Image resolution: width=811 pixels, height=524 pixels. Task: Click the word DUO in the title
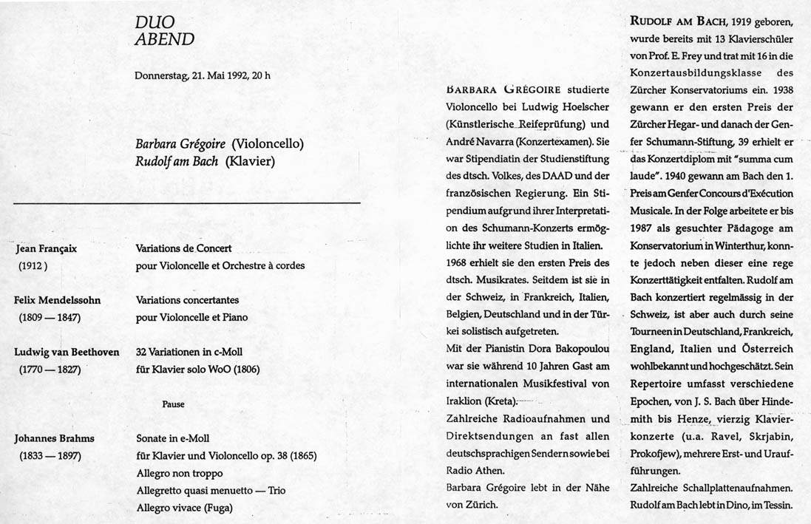click(x=152, y=23)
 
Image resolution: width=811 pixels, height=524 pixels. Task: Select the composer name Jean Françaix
click(x=47, y=249)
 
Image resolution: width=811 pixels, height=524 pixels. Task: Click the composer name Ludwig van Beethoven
click(x=67, y=352)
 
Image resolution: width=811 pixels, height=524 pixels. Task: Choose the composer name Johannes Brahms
click(x=54, y=438)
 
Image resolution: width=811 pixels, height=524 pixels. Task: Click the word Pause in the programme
click(x=173, y=404)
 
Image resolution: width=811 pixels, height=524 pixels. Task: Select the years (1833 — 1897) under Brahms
click(x=50, y=455)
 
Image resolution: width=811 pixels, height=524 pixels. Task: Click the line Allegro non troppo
click(x=180, y=472)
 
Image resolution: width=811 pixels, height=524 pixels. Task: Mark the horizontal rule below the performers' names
click(x=187, y=202)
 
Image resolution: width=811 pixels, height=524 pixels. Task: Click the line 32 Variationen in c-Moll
click(x=189, y=352)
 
